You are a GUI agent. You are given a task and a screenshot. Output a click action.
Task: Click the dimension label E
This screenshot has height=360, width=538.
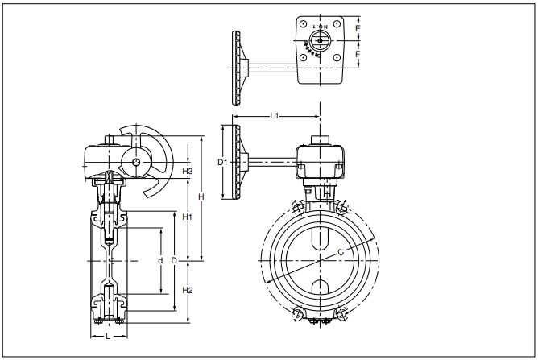pyautogui.click(x=358, y=29)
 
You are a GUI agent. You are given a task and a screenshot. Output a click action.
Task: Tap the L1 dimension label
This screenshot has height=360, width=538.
pyautogui.click(x=275, y=117)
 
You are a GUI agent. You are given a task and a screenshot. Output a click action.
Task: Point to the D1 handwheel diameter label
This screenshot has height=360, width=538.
pyautogui.click(x=223, y=162)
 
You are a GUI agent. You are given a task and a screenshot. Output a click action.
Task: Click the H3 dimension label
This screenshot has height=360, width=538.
pyautogui.click(x=187, y=171)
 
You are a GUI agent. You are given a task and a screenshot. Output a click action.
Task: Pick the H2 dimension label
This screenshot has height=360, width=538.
pyautogui.click(x=187, y=290)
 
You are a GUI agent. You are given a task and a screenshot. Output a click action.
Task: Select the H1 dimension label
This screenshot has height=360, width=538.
pyautogui.click(x=187, y=217)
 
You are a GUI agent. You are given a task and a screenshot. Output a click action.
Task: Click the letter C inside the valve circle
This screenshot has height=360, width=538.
pyautogui.click(x=340, y=253)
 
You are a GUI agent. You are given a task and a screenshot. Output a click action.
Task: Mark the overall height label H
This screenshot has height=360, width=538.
pyautogui.click(x=201, y=197)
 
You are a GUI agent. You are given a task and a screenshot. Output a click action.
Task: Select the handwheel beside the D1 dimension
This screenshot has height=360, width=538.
pyautogui.click(x=238, y=163)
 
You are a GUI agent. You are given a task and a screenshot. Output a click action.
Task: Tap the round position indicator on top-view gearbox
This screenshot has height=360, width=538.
pyautogui.click(x=321, y=40)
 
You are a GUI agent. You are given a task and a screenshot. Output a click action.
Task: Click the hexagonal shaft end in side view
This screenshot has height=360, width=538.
pyautogui.click(x=135, y=163)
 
